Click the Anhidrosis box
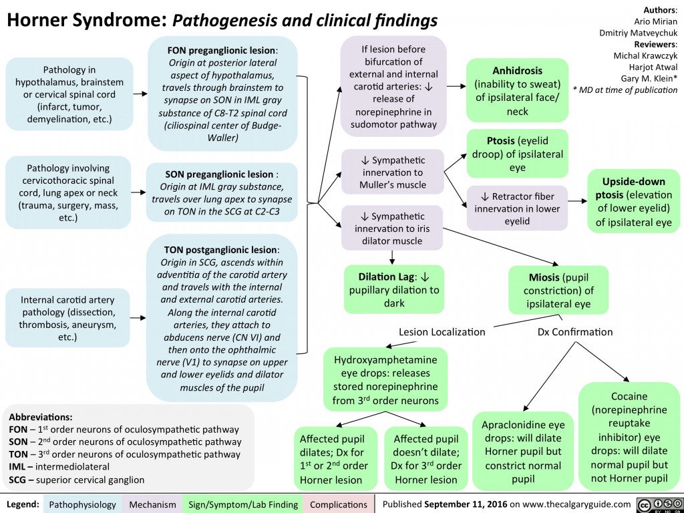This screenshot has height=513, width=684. tap(517, 90)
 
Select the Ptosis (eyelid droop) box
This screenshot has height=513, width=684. tap(517, 151)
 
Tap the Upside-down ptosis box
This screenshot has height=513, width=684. tap(634, 201)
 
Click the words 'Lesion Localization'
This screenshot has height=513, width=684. tap(442, 331)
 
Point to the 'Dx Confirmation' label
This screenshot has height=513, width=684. tap(575, 331)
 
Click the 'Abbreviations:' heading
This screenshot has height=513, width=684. tap(39, 413)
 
